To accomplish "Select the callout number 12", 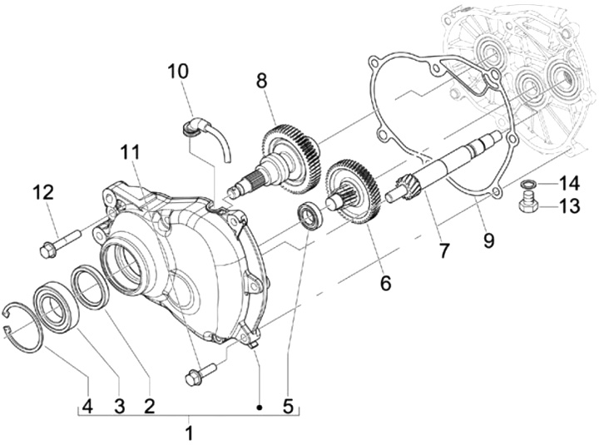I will click(x=43, y=193).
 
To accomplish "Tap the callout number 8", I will click(x=262, y=81).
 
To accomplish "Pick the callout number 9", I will click(x=488, y=240).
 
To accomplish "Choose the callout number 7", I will click(x=444, y=249).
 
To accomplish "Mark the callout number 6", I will click(x=384, y=282).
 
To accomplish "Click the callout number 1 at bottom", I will click(x=189, y=433).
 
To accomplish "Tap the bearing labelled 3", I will click(x=54, y=309).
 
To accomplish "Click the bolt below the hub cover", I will click(x=200, y=373).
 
